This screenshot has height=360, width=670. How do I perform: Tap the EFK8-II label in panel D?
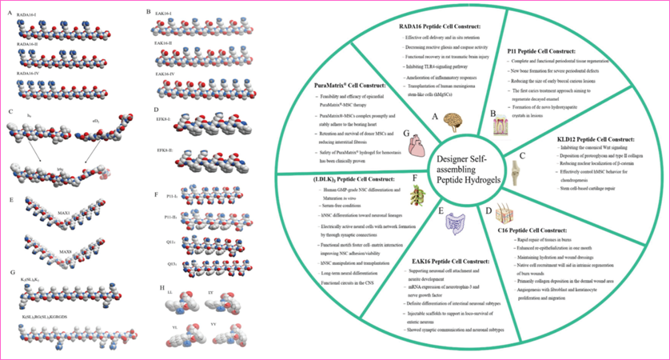tap(166, 150)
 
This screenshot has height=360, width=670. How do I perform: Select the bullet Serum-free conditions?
tap(329, 206)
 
